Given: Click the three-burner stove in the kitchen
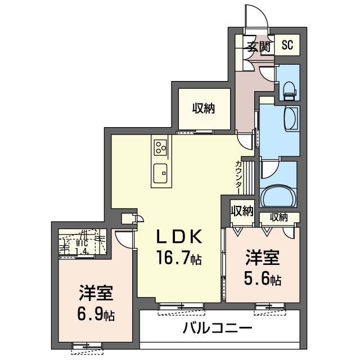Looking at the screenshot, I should click(160, 148).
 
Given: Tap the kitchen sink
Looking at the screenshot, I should click(160, 172).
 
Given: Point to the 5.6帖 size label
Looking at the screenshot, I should click(262, 278).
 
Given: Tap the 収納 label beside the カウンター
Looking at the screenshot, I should click(241, 211).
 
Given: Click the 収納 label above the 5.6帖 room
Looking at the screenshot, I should click(278, 217).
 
